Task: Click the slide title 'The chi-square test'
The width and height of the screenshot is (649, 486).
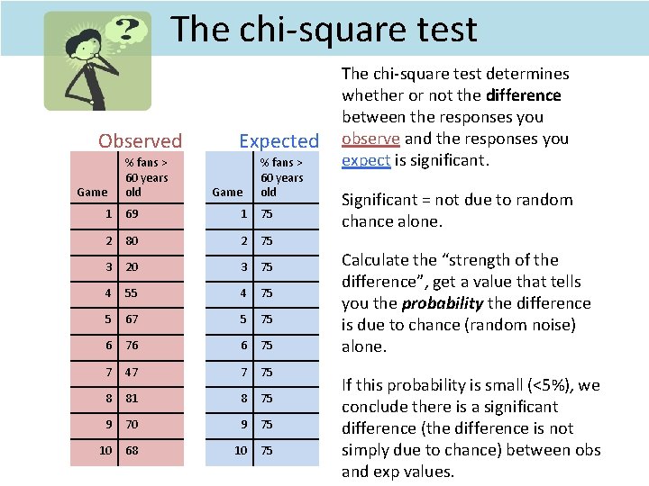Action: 324,29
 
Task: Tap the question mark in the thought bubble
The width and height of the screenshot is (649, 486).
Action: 129,29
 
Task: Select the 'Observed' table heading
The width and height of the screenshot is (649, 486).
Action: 140,140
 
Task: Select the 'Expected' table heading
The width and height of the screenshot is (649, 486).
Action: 279,140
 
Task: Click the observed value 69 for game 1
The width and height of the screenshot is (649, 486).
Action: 133,214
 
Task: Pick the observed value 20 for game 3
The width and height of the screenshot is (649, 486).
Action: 133,266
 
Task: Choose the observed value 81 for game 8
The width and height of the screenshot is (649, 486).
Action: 133,398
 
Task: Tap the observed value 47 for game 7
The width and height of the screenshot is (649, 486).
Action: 133,372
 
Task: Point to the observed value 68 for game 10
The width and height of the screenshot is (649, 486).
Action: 133,450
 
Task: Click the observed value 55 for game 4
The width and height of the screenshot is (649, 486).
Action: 133,292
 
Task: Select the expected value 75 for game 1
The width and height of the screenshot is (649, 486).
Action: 267,214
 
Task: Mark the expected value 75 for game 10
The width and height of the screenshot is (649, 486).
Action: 267,450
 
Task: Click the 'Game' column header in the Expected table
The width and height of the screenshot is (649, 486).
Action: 227,192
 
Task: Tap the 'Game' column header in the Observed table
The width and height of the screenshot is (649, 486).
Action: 92,192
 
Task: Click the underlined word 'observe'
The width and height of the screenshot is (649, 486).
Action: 370,139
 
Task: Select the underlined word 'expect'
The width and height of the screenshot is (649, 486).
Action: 366,160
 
